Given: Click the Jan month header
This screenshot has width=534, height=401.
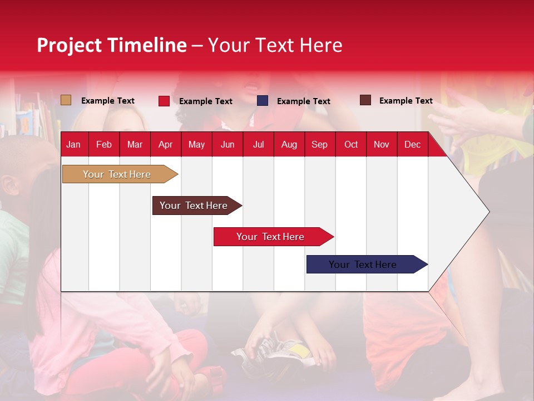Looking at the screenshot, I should pos(73,145).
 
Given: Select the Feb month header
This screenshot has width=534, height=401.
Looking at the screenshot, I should pos(104,145).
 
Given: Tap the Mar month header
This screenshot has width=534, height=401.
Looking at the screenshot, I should pos(135,145).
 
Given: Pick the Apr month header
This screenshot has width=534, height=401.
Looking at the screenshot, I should pos(165,145).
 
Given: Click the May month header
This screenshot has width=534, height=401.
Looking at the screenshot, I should pos(196,145).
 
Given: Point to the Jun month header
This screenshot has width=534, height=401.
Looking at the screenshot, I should pos(228,145).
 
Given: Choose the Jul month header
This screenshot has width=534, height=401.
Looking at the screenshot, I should pos(258,145).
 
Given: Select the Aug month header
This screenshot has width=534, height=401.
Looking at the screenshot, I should pos(289,145).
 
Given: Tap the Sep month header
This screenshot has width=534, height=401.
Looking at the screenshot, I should pos(319,145).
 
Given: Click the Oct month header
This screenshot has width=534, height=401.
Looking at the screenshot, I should pos(351,145).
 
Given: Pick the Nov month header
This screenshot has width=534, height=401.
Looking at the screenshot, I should pos(382,145).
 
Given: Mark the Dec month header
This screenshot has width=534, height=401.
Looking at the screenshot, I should pos(412,145).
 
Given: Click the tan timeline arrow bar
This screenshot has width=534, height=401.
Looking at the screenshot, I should pos(117,174).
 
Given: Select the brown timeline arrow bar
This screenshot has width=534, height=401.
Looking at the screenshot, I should pos(194,206).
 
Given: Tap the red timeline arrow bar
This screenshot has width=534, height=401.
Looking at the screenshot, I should pos(270,237).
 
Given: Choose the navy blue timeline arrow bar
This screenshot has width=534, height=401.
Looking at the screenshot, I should pos(363,265).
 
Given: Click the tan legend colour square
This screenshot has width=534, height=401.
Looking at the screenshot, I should pos(66,100).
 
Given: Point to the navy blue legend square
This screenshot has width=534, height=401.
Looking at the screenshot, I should pos(263,101).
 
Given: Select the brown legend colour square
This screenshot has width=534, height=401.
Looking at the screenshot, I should pos(365,100).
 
